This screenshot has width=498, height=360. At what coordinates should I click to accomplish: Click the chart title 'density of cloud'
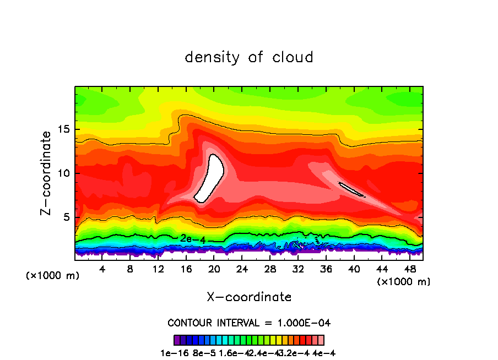pos(249,57)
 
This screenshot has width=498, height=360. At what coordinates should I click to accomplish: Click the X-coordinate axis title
pos(249,297)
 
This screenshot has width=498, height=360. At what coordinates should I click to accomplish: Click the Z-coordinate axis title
pos(47,173)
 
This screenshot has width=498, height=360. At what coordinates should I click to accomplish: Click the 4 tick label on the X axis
pos(102,270)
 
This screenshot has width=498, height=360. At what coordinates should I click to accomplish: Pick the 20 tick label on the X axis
pos(214,270)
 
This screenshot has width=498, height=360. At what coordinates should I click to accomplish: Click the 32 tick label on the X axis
pos(298,270)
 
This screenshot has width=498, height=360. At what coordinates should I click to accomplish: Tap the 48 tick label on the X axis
pos(410,270)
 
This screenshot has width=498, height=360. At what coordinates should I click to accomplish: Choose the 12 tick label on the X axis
pos(158,270)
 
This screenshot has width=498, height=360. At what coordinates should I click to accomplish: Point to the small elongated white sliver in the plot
pos(351,189)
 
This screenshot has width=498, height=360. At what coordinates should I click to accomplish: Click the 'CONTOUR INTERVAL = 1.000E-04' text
pos(249,323)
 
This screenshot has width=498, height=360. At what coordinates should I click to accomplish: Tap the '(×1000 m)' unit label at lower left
pos(53,276)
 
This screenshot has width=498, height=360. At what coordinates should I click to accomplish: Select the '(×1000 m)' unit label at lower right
pos(403,282)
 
